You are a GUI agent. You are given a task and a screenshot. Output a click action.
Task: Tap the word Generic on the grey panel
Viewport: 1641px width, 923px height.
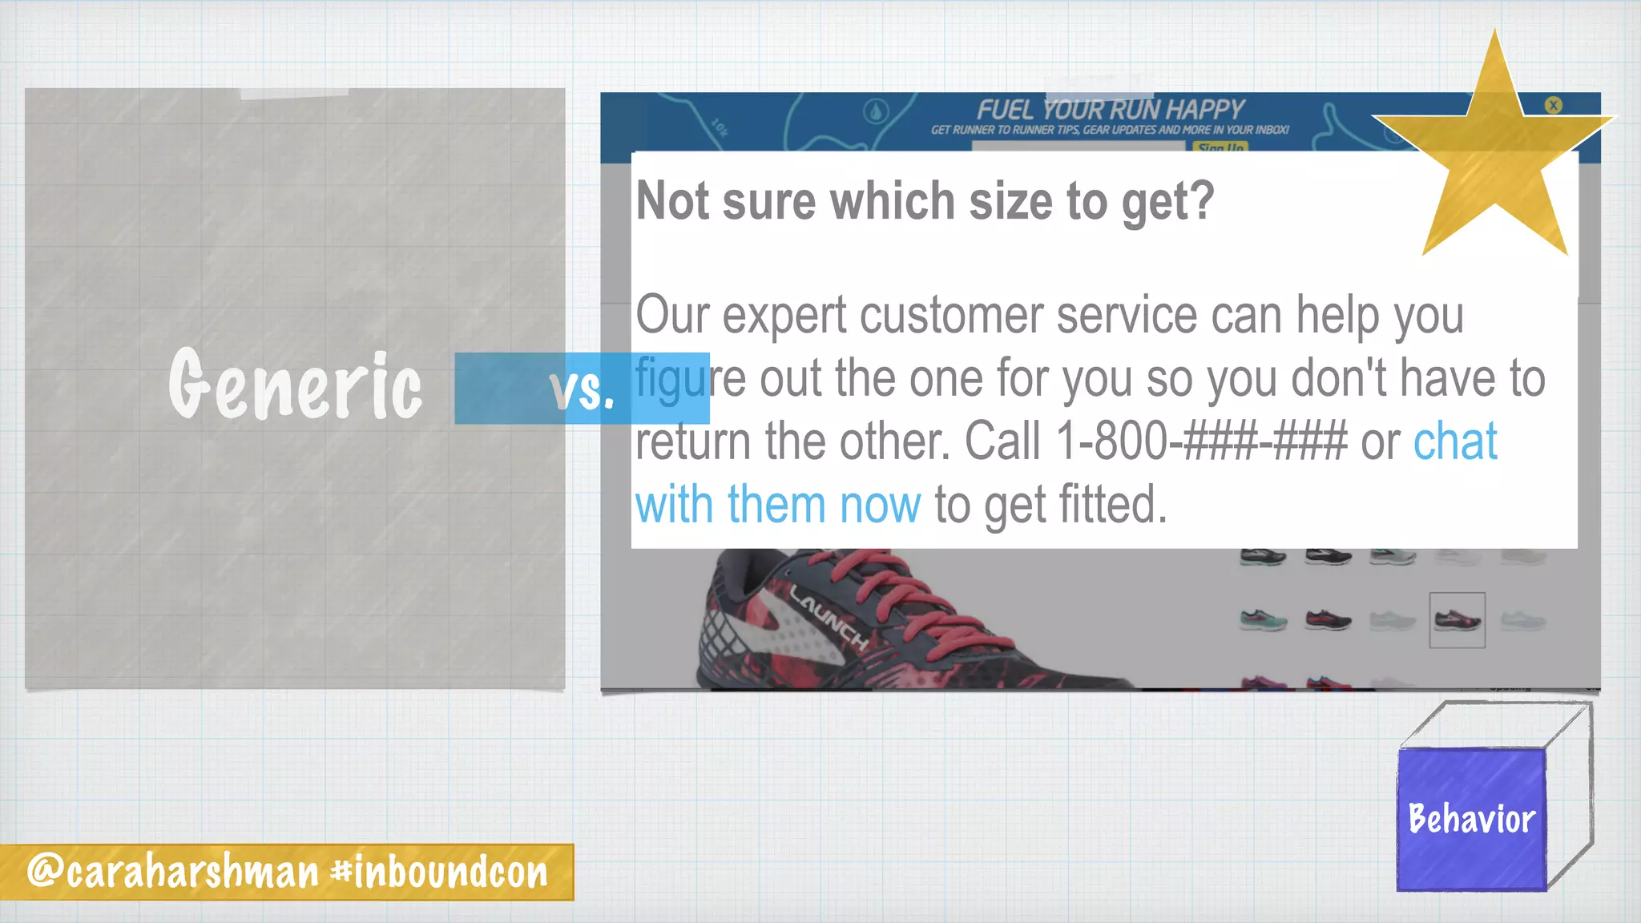click(295, 385)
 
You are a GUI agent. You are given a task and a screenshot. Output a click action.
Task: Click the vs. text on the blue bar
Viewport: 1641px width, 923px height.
click(583, 390)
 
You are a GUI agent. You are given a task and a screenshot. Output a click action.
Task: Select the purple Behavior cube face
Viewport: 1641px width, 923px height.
click(1471, 819)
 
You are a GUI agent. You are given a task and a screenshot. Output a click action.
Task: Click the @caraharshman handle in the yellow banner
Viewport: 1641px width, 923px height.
click(173, 872)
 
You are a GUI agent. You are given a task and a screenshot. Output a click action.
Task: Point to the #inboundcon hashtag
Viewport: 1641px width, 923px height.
click(440, 872)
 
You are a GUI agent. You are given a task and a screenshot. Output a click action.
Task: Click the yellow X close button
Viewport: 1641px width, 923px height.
click(1553, 105)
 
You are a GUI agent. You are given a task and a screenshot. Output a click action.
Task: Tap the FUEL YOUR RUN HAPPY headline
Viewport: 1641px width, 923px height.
click(1110, 110)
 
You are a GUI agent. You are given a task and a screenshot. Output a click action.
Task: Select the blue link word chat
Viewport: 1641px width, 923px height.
click(1455, 441)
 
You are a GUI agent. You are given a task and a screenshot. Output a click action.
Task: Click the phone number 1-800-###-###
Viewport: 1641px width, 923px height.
click(1202, 441)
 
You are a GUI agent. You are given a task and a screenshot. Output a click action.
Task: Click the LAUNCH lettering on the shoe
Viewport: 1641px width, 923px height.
click(829, 618)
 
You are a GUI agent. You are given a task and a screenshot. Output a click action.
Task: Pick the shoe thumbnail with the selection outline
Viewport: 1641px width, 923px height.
click(1457, 619)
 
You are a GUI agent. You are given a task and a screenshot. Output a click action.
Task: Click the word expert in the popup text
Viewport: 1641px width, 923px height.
click(784, 315)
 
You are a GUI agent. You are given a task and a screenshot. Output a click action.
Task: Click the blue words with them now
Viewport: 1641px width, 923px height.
click(777, 505)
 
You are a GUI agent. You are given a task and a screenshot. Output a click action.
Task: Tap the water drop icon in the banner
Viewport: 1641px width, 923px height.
click(876, 112)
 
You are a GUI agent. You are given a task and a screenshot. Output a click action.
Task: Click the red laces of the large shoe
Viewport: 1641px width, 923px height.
click(881, 585)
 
